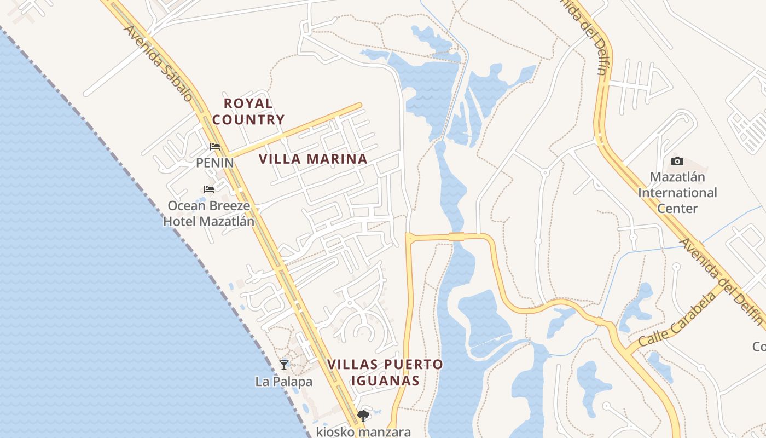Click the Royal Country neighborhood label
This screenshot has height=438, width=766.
(x=248, y=111)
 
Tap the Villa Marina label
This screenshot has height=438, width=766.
(x=312, y=159)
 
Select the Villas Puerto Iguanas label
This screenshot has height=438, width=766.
(x=385, y=372)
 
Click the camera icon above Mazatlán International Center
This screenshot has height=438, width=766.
(x=677, y=161)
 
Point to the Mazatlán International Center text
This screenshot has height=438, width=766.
(x=677, y=193)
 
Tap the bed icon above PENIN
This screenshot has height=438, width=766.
(x=215, y=147)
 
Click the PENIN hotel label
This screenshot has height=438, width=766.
(x=215, y=163)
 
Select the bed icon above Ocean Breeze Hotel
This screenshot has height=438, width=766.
(x=209, y=189)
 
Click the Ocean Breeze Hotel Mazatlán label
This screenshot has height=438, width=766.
(x=209, y=214)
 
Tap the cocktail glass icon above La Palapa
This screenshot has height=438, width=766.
(x=283, y=365)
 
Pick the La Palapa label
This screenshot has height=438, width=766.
(x=283, y=381)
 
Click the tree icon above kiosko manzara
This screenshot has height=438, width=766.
(x=363, y=416)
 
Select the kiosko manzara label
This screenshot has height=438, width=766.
(x=363, y=431)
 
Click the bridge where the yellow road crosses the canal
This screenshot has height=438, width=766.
(x=456, y=237)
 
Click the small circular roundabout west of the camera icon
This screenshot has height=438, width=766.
(x=544, y=172)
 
